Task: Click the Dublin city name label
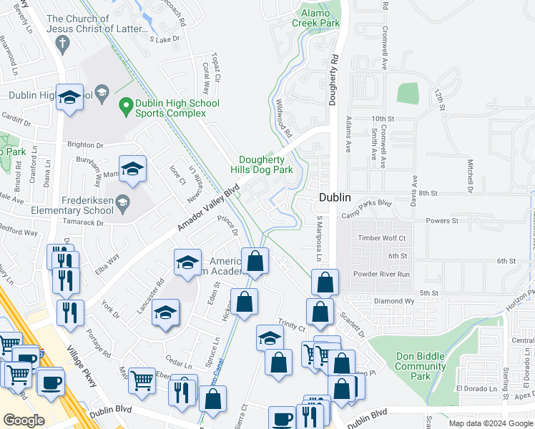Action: pyautogui.click(x=334, y=197)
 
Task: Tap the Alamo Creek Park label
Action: pyautogui.click(x=315, y=18)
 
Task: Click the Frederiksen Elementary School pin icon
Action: pyautogui.click(x=122, y=202)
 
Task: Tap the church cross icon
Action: pyautogui.click(x=62, y=44)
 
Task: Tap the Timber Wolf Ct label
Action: pyautogui.click(x=382, y=238)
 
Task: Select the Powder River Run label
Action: pyautogui.click(x=382, y=274)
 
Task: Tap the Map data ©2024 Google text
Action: pyautogui.click(x=490, y=423)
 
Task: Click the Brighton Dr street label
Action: pyautogui.click(x=86, y=144)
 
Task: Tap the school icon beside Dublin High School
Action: pyautogui.click(x=70, y=97)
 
